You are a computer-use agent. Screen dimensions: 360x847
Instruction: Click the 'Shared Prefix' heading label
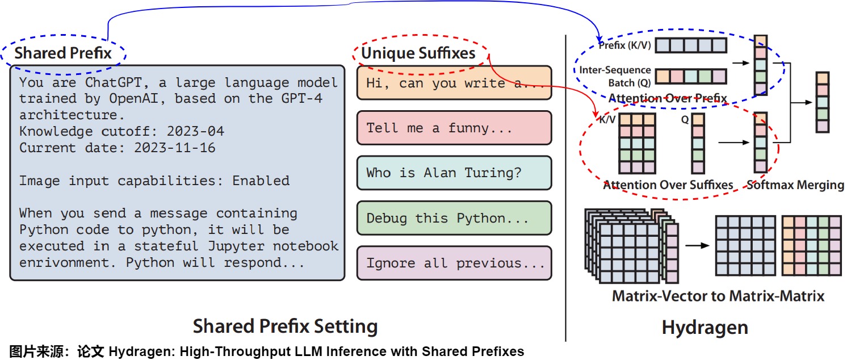63,53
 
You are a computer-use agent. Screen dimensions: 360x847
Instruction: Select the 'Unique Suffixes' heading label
418,53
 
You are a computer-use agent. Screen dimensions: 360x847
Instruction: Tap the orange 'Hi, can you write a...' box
454,83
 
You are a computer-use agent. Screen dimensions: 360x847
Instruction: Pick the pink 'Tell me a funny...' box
454,128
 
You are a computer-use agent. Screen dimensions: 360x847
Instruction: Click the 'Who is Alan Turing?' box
454,173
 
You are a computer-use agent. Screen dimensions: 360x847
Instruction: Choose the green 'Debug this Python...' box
454,218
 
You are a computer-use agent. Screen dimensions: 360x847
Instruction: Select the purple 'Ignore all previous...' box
454,263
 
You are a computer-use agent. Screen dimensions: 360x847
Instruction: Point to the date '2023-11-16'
175,148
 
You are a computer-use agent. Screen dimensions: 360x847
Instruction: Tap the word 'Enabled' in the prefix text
261,181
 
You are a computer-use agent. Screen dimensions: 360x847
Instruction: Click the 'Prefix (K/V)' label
624,45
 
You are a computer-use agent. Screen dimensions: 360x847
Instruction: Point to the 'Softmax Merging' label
795,185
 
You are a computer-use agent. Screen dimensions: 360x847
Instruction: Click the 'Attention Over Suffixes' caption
668,185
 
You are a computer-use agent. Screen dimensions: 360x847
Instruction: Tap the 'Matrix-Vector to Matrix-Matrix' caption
718,296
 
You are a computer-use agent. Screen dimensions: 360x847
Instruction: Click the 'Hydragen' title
705,328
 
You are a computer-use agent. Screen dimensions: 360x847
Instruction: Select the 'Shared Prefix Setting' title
285,326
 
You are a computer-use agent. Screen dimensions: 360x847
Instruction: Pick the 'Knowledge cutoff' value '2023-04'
195,131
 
